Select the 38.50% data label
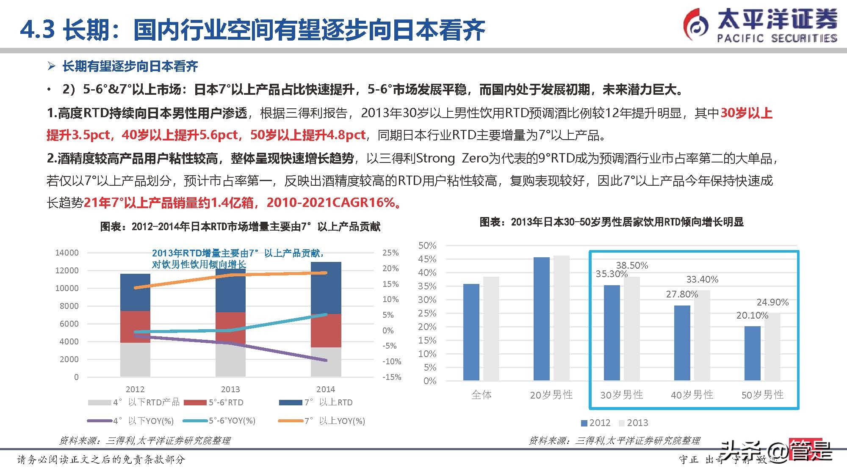click(x=632, y=265)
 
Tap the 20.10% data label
click(x=752, y=315)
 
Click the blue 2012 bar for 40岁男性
click(x=682, y=343)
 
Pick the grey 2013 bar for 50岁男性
click(x=772, y=347)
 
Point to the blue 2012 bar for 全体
click(x=471, y=332)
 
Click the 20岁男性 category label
click(x=551, y=395)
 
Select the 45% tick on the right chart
click(x=427, y=259)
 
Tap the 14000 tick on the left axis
click(x=67, y=253)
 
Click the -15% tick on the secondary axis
click(x=391, y=377)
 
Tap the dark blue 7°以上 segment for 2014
click(x=326, y=288)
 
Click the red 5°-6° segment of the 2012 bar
click(x=135, y=327)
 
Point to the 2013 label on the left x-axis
click(x=230, y=389)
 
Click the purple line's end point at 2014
click(x=325, y=360)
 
